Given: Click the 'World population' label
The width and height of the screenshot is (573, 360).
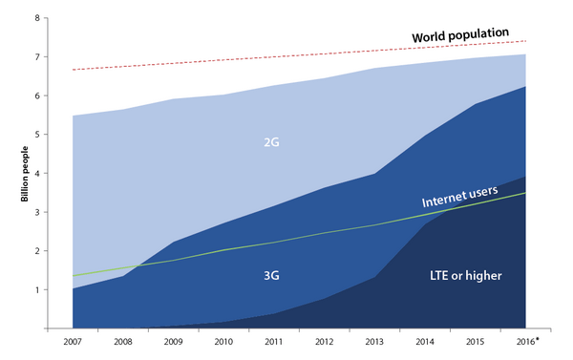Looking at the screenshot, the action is tap(460, 35).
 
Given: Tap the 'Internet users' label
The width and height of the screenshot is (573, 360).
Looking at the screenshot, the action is tap(459, 197).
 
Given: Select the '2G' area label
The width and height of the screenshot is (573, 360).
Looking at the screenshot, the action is tap(271, 142).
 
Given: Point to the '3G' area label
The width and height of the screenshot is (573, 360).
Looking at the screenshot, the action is tap(271, 275).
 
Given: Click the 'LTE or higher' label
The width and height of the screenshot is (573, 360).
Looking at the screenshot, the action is tap(466, 275).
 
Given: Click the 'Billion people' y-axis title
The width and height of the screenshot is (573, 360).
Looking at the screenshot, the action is tap(25, 174).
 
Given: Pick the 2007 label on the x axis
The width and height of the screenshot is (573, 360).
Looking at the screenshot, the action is tap(73, 342).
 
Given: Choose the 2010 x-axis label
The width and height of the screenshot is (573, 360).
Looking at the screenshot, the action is tap(223, 342).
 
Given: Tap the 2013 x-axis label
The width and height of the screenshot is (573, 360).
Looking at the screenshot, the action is tap(374, 342).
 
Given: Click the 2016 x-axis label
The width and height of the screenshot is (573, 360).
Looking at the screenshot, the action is tap(525, 342).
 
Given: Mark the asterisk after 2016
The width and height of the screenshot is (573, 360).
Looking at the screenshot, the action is tap(537, 340).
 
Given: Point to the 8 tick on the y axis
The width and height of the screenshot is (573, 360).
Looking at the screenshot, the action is tap(37, 18).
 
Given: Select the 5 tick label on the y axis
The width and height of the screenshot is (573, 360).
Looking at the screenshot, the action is tap(37, 135).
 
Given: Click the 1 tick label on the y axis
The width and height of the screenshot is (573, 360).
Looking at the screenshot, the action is tap(37, 290).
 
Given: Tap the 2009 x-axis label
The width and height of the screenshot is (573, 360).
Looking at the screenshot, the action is tap(173, 342).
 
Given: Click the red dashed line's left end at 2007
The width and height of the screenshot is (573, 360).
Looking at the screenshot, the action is tap(74, 70).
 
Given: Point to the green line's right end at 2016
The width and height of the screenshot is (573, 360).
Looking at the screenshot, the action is tap(525, 193).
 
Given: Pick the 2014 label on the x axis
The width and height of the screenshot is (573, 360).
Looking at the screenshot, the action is tap(425, 342).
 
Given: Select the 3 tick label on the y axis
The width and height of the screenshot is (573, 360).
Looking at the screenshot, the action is tap(37, 212).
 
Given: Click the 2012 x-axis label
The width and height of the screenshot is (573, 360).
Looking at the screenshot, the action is tap(324, 342).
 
